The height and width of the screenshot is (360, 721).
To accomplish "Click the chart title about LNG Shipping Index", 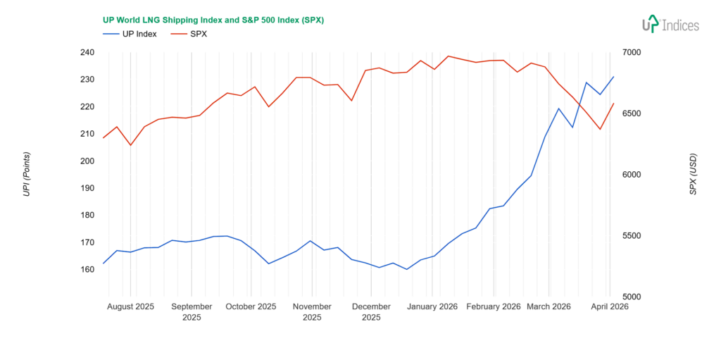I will click(213, 20).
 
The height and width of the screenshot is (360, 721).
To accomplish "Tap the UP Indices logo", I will click(670, 25).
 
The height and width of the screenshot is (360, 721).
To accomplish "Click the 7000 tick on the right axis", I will click(632, 52).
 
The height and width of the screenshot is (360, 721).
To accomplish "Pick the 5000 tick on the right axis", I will click(632, 297).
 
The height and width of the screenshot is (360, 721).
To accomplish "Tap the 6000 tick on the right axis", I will click(632, 175).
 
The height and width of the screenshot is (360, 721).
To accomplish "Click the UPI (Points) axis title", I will click(27, 174).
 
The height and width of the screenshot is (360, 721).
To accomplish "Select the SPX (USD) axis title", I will click(693, 174).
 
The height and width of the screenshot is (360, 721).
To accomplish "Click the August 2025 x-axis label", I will click(130, 306).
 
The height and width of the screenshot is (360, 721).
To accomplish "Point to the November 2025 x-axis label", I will click(312, 311).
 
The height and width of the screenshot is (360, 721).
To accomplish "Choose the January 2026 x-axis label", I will click(432, 306).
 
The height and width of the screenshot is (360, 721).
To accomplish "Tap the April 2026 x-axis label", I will click(609, 306).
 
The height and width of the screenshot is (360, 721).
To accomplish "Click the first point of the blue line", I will click(104, 263).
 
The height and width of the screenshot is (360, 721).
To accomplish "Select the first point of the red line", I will click(104, 137).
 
